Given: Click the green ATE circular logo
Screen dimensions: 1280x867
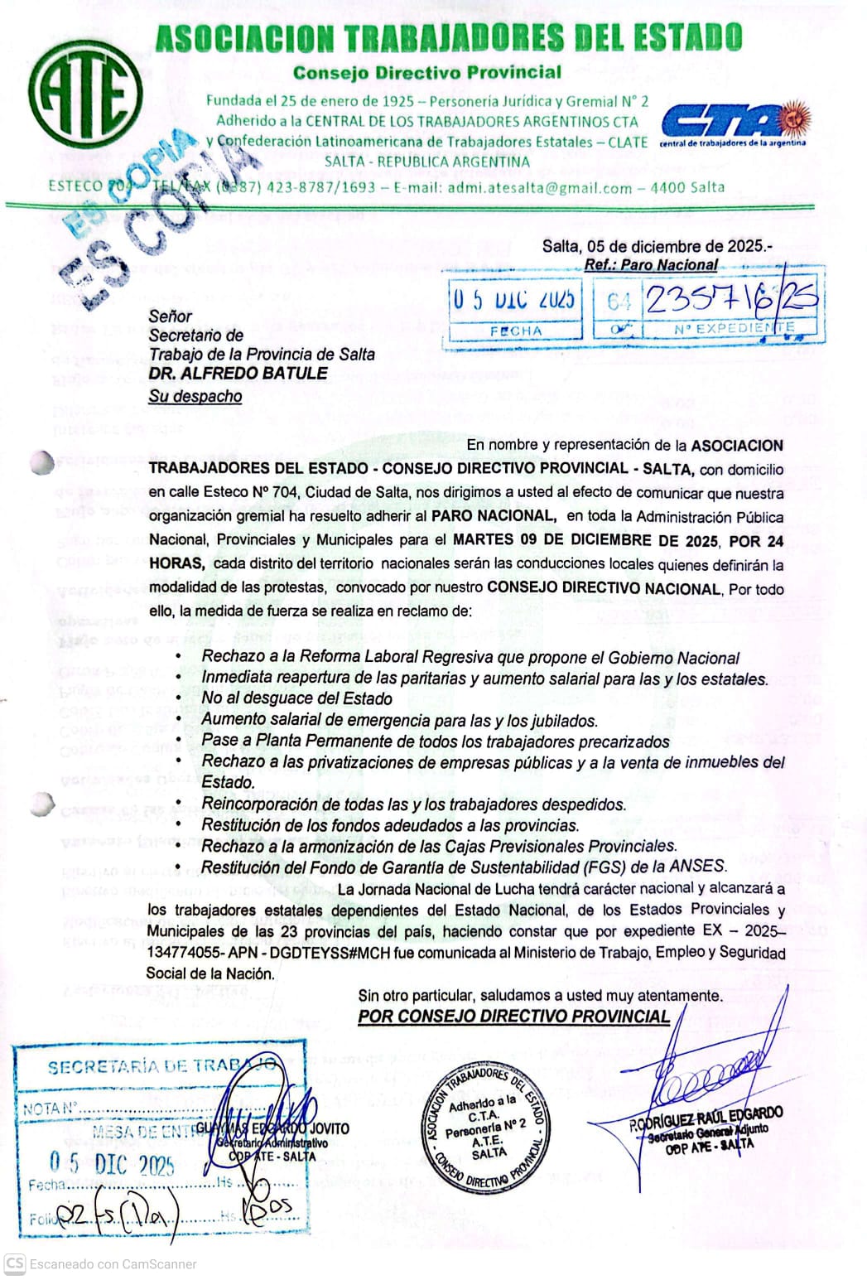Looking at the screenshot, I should pyautogui.click(x=84, y=93).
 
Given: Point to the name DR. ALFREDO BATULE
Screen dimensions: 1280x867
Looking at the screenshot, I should pyautogui.click(x=238, y=374).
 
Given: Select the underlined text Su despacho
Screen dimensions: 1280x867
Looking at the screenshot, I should pyautogui.click(x=195, y=396).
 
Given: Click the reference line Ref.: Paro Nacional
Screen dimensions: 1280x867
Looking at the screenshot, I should pyautogui.click(x=651, y=265).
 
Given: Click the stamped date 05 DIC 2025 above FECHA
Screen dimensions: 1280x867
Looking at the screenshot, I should pyautogui.click(x=513, y=300).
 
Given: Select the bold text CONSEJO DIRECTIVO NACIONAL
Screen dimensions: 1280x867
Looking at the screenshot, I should pyautogui.click(x=604, y=588).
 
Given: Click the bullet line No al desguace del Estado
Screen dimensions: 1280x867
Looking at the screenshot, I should pyautogui.click(x=296, y=698).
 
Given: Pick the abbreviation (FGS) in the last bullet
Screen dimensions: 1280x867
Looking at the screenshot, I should pyautogui.click(x=606, y=867).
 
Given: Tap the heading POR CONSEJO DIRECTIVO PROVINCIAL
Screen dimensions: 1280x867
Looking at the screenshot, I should pyautogui.click(x=513, y=1017).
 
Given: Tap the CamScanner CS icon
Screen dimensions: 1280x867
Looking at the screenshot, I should pyautogui.click(x=14, y=1264).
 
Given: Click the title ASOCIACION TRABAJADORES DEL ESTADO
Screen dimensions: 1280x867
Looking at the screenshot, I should pyautogui.click(x=448, y=38).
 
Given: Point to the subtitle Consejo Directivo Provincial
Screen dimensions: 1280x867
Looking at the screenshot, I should pyautogui.click(x=427, y=73).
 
